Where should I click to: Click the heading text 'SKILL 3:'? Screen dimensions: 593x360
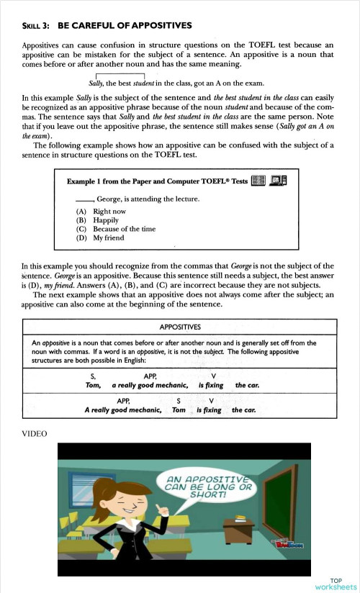[36, 26]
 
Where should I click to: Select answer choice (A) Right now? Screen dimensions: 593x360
[101, 212]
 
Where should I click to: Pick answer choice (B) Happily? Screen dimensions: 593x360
[96, 220]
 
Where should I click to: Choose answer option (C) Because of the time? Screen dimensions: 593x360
[115, 229]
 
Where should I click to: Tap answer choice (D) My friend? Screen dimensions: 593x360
[100, 237]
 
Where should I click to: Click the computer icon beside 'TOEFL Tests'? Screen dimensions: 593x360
[277, 181]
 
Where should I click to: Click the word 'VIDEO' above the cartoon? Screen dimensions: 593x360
[35, 434]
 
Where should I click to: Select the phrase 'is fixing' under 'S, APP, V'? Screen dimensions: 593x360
[210, 385]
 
